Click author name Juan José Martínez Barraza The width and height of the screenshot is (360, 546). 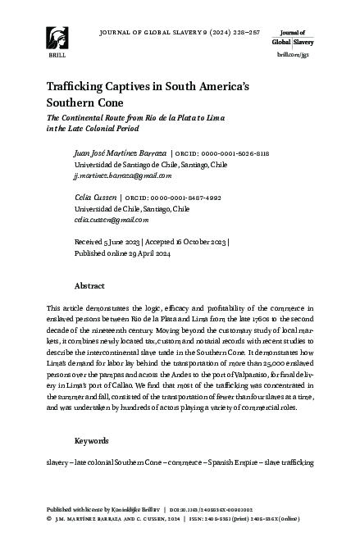120,153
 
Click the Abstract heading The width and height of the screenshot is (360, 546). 89,288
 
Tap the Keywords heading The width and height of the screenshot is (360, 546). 91,440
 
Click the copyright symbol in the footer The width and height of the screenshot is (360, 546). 50,518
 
